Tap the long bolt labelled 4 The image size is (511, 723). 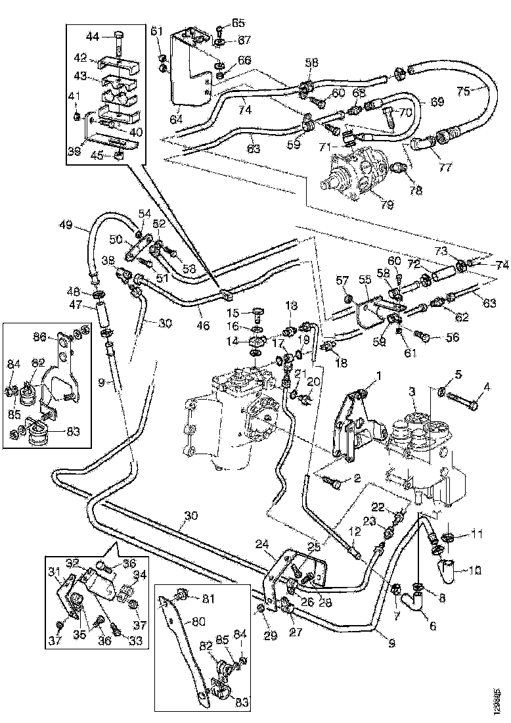click(x=467, y=400)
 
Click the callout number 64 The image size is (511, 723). click(x=175, y=120)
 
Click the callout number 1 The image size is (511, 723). click(x=379, y=376)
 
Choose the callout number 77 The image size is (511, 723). click(x=445, y=168)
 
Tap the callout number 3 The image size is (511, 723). click(x=412, y=391)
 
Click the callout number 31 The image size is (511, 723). click(x=54, y=571)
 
